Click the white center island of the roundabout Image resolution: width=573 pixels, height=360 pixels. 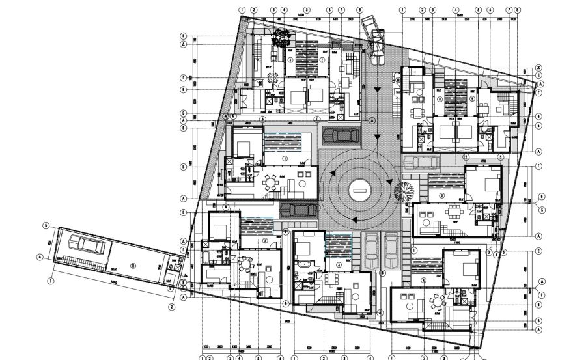(x=359, y=189)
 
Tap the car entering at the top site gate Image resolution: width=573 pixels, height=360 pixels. (x=376, y=37)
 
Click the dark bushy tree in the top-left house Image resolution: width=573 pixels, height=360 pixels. (x=282, y=40)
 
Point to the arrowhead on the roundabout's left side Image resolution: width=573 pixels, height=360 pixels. (x=333, y=173)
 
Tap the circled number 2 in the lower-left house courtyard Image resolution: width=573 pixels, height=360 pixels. (x=265, y=240)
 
